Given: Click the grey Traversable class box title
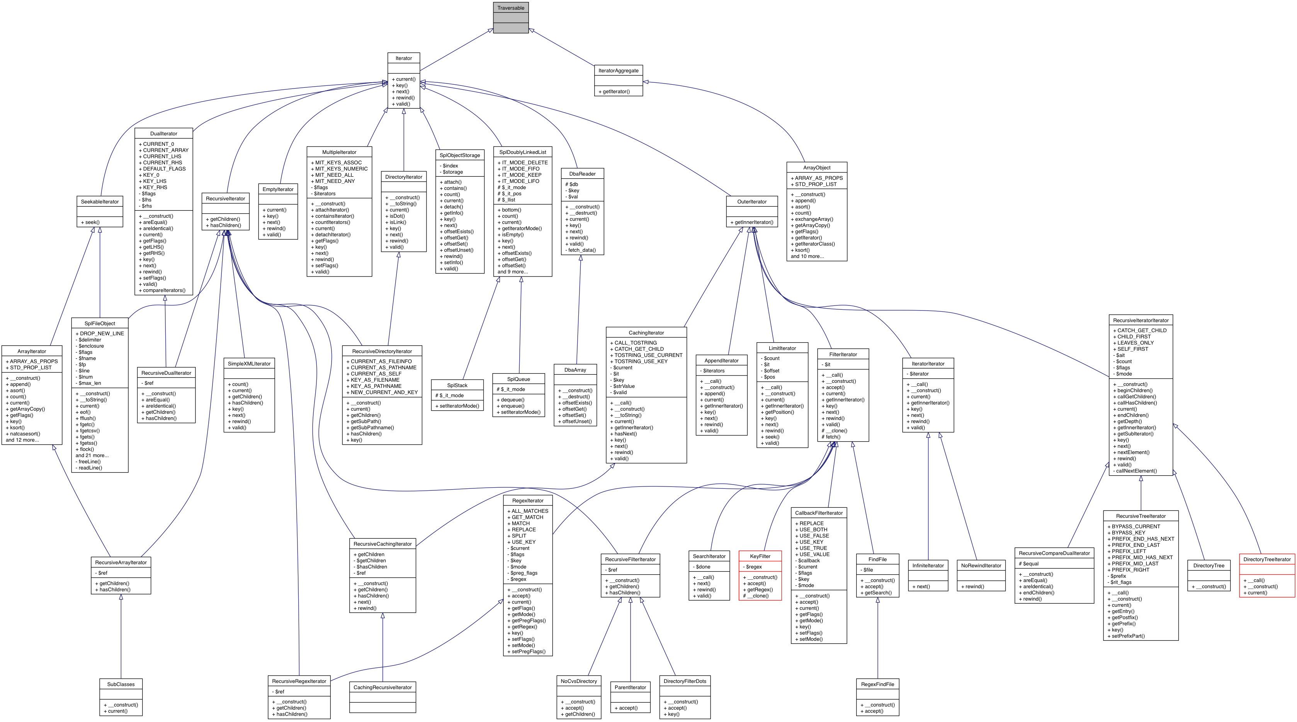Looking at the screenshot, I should [510, 8].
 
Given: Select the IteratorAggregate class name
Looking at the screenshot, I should [618, 70].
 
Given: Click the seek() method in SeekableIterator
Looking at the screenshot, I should [92, 222].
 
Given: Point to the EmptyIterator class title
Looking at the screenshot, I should [278, 189].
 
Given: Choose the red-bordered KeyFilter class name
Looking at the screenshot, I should [760, 556].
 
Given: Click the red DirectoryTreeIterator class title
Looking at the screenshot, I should [1267, 559].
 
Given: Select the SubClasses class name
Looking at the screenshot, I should [121, 684].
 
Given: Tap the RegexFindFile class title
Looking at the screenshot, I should [877, 684].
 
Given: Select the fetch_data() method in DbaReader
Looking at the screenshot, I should [581, 250].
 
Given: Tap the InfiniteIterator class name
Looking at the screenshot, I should [928, 565].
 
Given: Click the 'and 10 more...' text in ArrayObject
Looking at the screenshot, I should [807, 256].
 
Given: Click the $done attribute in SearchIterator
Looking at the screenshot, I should [703, 567].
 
